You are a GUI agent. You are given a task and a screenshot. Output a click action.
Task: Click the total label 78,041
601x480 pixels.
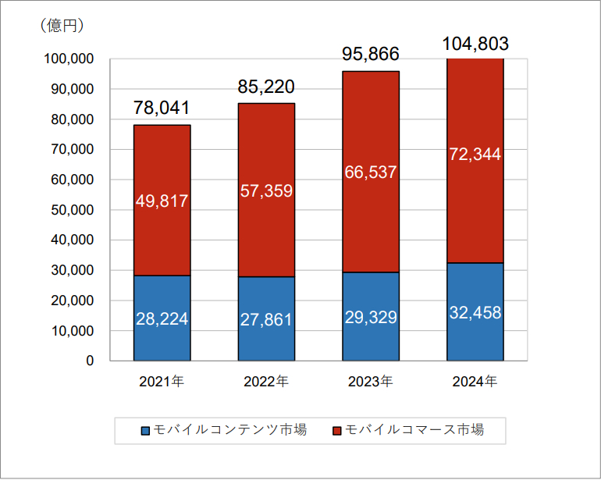point(162,108)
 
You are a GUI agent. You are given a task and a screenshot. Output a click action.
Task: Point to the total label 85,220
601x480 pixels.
point(266,87)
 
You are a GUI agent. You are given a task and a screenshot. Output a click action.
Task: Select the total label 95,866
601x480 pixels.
point(371,55)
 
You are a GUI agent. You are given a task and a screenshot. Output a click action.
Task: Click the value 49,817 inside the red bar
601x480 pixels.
point(162,201)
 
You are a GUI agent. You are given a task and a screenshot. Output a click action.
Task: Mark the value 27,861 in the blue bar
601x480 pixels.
point(266,319)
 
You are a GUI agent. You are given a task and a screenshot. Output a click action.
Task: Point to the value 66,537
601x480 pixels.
point(371,172)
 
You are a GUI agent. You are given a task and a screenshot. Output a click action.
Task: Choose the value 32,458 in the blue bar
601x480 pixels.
point(475,313)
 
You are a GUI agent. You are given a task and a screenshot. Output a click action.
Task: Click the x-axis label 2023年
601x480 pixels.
point(371,382)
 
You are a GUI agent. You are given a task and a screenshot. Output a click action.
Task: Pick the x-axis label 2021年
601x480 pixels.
point(162,382)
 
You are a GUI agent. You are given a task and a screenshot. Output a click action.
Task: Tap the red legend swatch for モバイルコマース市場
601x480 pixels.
point(337,430)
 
